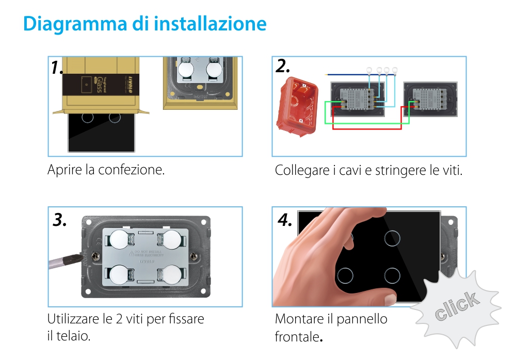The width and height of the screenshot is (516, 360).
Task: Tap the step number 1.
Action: coord(57,68)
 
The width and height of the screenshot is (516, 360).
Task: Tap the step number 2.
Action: coord(283,66)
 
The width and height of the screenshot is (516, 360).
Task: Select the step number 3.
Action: coord(60,220)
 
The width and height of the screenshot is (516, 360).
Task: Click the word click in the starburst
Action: coord(456,306)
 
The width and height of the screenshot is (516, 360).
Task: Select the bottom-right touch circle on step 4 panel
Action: coord(393,275)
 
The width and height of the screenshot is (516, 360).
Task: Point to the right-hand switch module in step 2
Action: coord(430,99)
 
